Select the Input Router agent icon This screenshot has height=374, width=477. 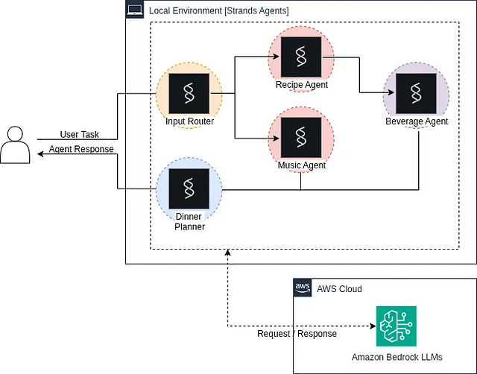point(189,92)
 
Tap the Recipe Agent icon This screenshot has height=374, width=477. point(301,55)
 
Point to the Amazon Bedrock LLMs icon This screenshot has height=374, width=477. point(396,326)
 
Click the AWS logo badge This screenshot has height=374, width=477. point(303,288)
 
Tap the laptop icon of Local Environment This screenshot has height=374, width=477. point(135,10)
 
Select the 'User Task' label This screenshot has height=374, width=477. point(79,135)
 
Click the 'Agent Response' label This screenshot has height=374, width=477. point(81,149)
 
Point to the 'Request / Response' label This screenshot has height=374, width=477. point(297,334)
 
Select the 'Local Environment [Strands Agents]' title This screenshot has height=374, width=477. point(218,10)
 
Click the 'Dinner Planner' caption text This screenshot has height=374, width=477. point(189,222)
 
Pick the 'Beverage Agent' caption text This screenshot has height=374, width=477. point(417,121)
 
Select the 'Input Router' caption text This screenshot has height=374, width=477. point(189,121)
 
